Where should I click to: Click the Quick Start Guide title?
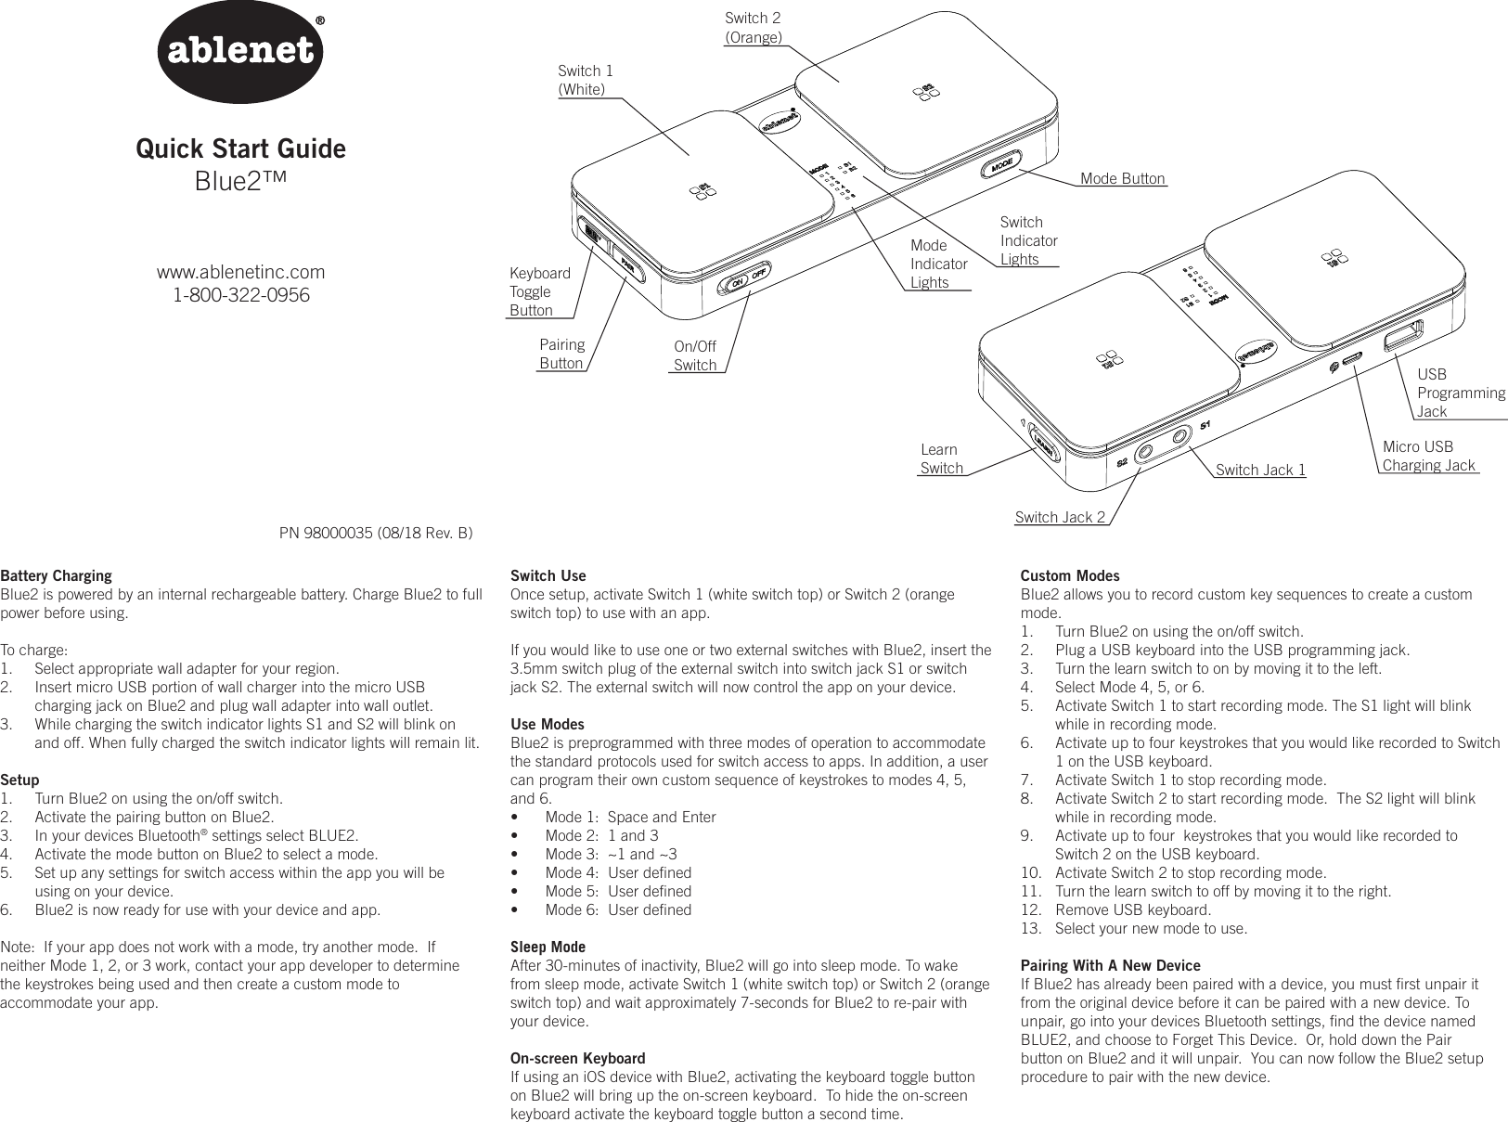[x=240, y=148]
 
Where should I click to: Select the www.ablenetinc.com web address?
[x=241, y=273]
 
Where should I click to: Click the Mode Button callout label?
[x=1122, y=178]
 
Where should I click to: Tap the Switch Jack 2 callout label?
[x=1060, y=517]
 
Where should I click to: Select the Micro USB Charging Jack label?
[x=1427, y=456]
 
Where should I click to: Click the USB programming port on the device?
[x=1403, y=336]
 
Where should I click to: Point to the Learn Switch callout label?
[x=941, y=459]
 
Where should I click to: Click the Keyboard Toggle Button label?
[x=539, y=291]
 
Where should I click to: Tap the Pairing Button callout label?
[x=561, y=354]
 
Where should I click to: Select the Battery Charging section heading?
[x=56, y=575]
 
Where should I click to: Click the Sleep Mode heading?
[x=548, y=947]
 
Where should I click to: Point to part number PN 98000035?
[x=376, y=534]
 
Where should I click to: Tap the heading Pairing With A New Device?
[x=1110, y=965]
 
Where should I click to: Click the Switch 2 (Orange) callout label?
[x=753, y=28]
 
